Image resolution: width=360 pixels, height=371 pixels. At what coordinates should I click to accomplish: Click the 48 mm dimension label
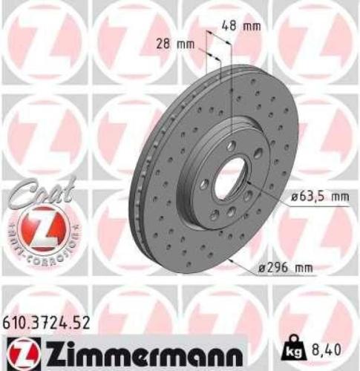coord(241,26)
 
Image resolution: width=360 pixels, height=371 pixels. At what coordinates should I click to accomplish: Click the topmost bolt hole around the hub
coord(232,145)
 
